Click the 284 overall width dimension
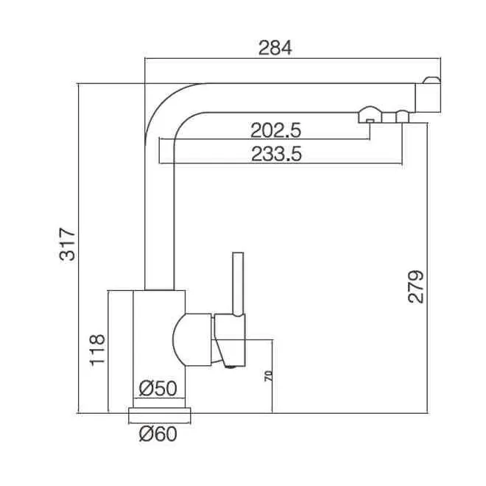[x=275, y=48]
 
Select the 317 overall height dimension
[x=68, y=244]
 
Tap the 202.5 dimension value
[x=275, y=130]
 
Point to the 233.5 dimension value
[x=276, y=154]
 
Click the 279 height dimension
[x=415, y=286]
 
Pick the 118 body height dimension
[x=98, y=351]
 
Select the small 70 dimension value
[x=269, y=376]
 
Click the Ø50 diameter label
[x=158, y=388]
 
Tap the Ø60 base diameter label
[x=158, y=434]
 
